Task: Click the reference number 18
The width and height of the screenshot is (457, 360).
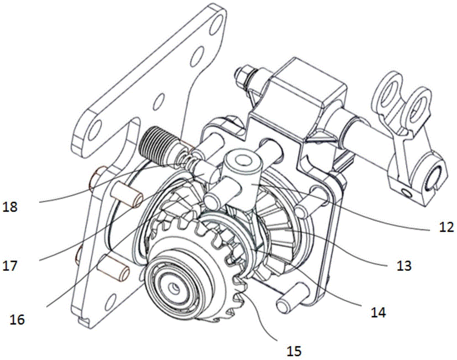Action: click(10, 207)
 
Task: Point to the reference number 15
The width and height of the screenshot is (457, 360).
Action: click(294, 351)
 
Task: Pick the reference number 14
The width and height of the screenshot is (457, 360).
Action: click(378, 313)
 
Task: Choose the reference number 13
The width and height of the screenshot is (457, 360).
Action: click(404, 265)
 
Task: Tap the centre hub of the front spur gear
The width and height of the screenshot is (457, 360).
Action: click(175, 286)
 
